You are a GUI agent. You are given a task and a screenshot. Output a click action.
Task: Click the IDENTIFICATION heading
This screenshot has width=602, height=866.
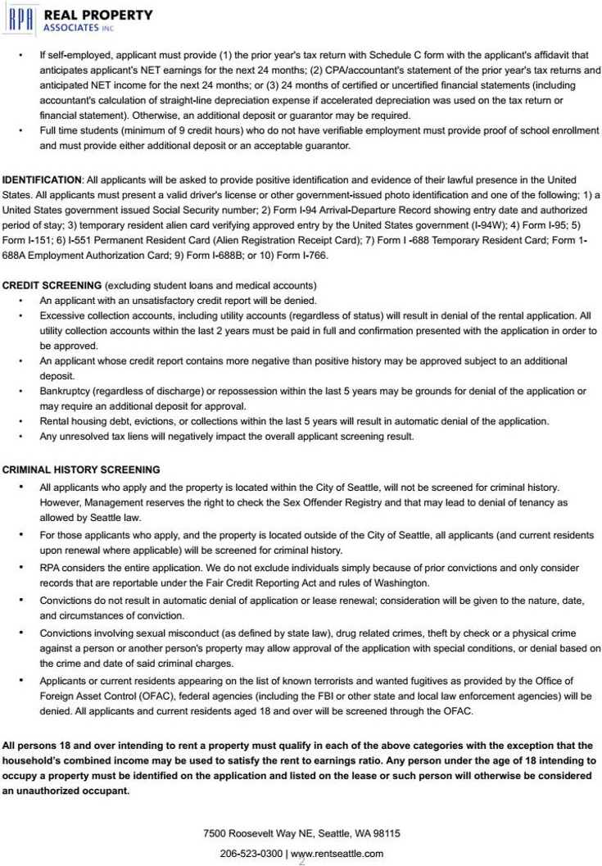coord(42,179)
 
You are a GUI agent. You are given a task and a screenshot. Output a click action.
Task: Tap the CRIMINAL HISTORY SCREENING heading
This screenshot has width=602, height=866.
coord(81,470)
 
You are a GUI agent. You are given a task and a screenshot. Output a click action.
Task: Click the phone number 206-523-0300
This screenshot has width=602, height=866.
coord(251,854)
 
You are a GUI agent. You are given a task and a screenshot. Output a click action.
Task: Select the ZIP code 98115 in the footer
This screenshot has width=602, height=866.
coord(387,833)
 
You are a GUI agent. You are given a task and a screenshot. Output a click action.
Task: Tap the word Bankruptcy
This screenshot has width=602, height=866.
coord(65,392)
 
